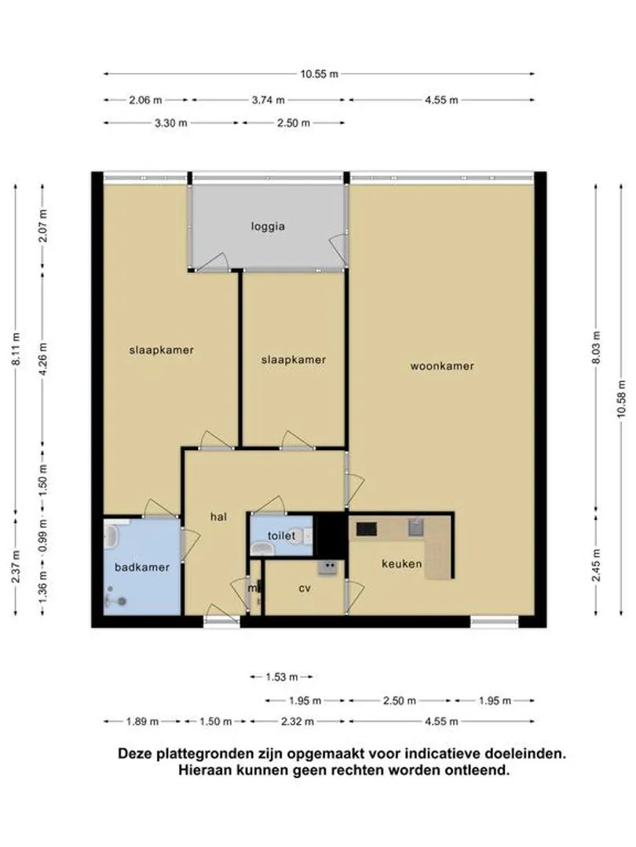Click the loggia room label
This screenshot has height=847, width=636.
(268, 227)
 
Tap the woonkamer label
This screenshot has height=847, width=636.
(442, 365)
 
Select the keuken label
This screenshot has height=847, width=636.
(401, 564)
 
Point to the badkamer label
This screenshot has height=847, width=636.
(141, 567)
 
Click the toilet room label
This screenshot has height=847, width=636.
(281, 536)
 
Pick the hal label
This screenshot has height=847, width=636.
(218, 517)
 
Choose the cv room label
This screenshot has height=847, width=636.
(305, 588)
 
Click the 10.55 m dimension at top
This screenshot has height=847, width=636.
(319, 74)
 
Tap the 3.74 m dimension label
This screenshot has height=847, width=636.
(269, 100)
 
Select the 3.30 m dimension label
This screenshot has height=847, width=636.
(171, 123)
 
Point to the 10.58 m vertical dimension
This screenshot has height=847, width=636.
(620, 398)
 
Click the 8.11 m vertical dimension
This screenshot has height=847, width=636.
(16, 349)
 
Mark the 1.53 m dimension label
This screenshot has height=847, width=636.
(282, 677)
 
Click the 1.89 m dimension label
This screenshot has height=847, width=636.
(142, 722)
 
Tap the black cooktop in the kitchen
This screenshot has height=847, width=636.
(366, 529)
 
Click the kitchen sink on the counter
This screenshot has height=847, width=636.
(416, 527)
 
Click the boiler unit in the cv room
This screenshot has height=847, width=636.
(327, 567)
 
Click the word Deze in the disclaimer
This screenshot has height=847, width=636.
(133, 754)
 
